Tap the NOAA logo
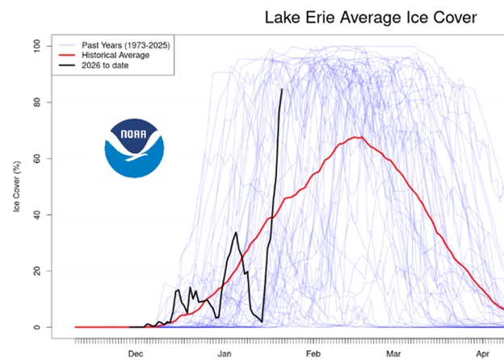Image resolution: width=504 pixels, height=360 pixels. click(133, 149)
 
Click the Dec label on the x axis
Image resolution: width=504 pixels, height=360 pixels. click(135, 354)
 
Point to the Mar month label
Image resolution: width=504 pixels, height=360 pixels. click(393, 354)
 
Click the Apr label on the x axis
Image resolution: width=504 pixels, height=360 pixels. click(481, 354)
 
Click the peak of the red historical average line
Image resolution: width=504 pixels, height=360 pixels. click(359, 137)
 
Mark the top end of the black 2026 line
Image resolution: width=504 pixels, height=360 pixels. click(281, 89)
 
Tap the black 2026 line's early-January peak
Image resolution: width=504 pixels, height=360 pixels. click(236, 232)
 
